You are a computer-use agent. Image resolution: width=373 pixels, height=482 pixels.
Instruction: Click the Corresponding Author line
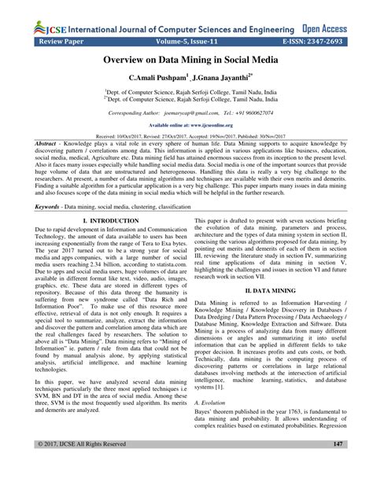(186, 113)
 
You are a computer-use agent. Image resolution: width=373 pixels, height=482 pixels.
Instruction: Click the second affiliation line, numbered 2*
(186, 101)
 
